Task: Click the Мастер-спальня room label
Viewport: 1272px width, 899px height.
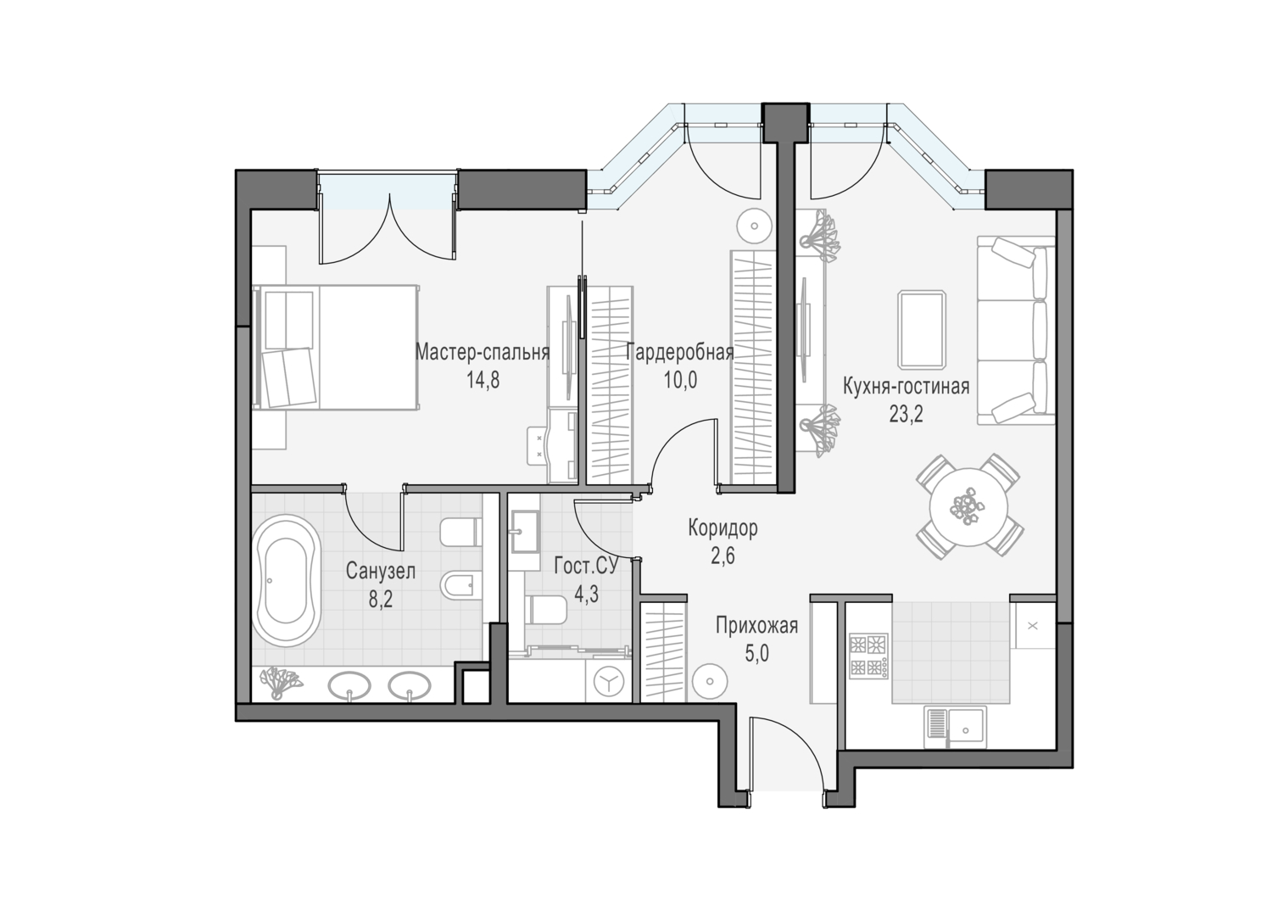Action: coord(483,353)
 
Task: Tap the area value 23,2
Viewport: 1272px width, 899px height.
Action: coord(906,414)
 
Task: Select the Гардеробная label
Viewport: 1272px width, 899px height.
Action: coord(680,353)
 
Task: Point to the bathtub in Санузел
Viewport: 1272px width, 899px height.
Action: coord(287,580)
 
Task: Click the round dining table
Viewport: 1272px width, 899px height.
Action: coord(968,506)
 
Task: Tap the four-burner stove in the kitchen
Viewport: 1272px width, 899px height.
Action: coord(868,656)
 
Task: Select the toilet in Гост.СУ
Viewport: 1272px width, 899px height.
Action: coord(545,609)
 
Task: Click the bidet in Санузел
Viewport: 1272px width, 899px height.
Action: coord(460,584)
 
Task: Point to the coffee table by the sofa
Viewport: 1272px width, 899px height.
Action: coord(922,329)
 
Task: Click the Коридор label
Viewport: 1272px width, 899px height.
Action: coord(722,528)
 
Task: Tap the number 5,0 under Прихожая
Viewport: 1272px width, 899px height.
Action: coord(756,654)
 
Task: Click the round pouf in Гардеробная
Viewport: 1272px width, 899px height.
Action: coord(754,226)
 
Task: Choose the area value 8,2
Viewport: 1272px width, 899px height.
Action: coord(381,599)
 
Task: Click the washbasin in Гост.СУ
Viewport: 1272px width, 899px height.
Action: coord(527,532)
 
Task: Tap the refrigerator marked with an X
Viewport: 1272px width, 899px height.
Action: coord(1033,626)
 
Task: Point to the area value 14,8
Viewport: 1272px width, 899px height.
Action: coord(483,380)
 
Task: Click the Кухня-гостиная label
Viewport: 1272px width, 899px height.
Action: coord(906,387)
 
